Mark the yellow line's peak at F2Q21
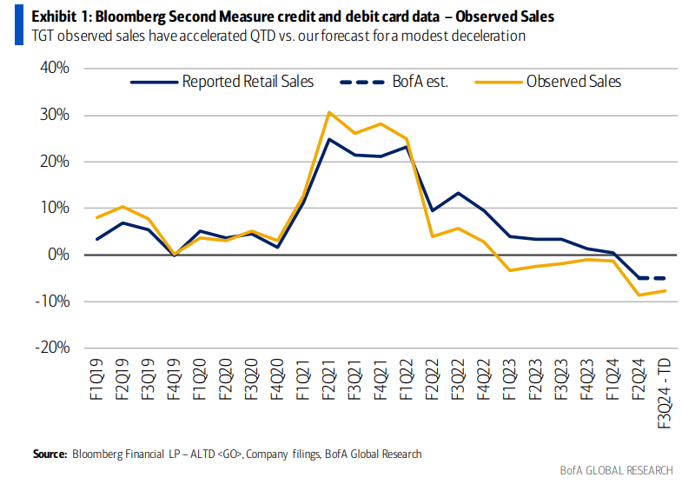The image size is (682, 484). pos(329,112)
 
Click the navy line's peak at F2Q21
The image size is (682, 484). pos(329,139)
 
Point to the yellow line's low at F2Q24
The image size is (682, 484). pos(638,295)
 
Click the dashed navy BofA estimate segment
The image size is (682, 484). pos(651,278)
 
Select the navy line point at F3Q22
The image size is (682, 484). pos(458,193)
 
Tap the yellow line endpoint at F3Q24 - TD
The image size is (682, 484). pos(664,291)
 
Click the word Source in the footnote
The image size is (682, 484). pos(50,454)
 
